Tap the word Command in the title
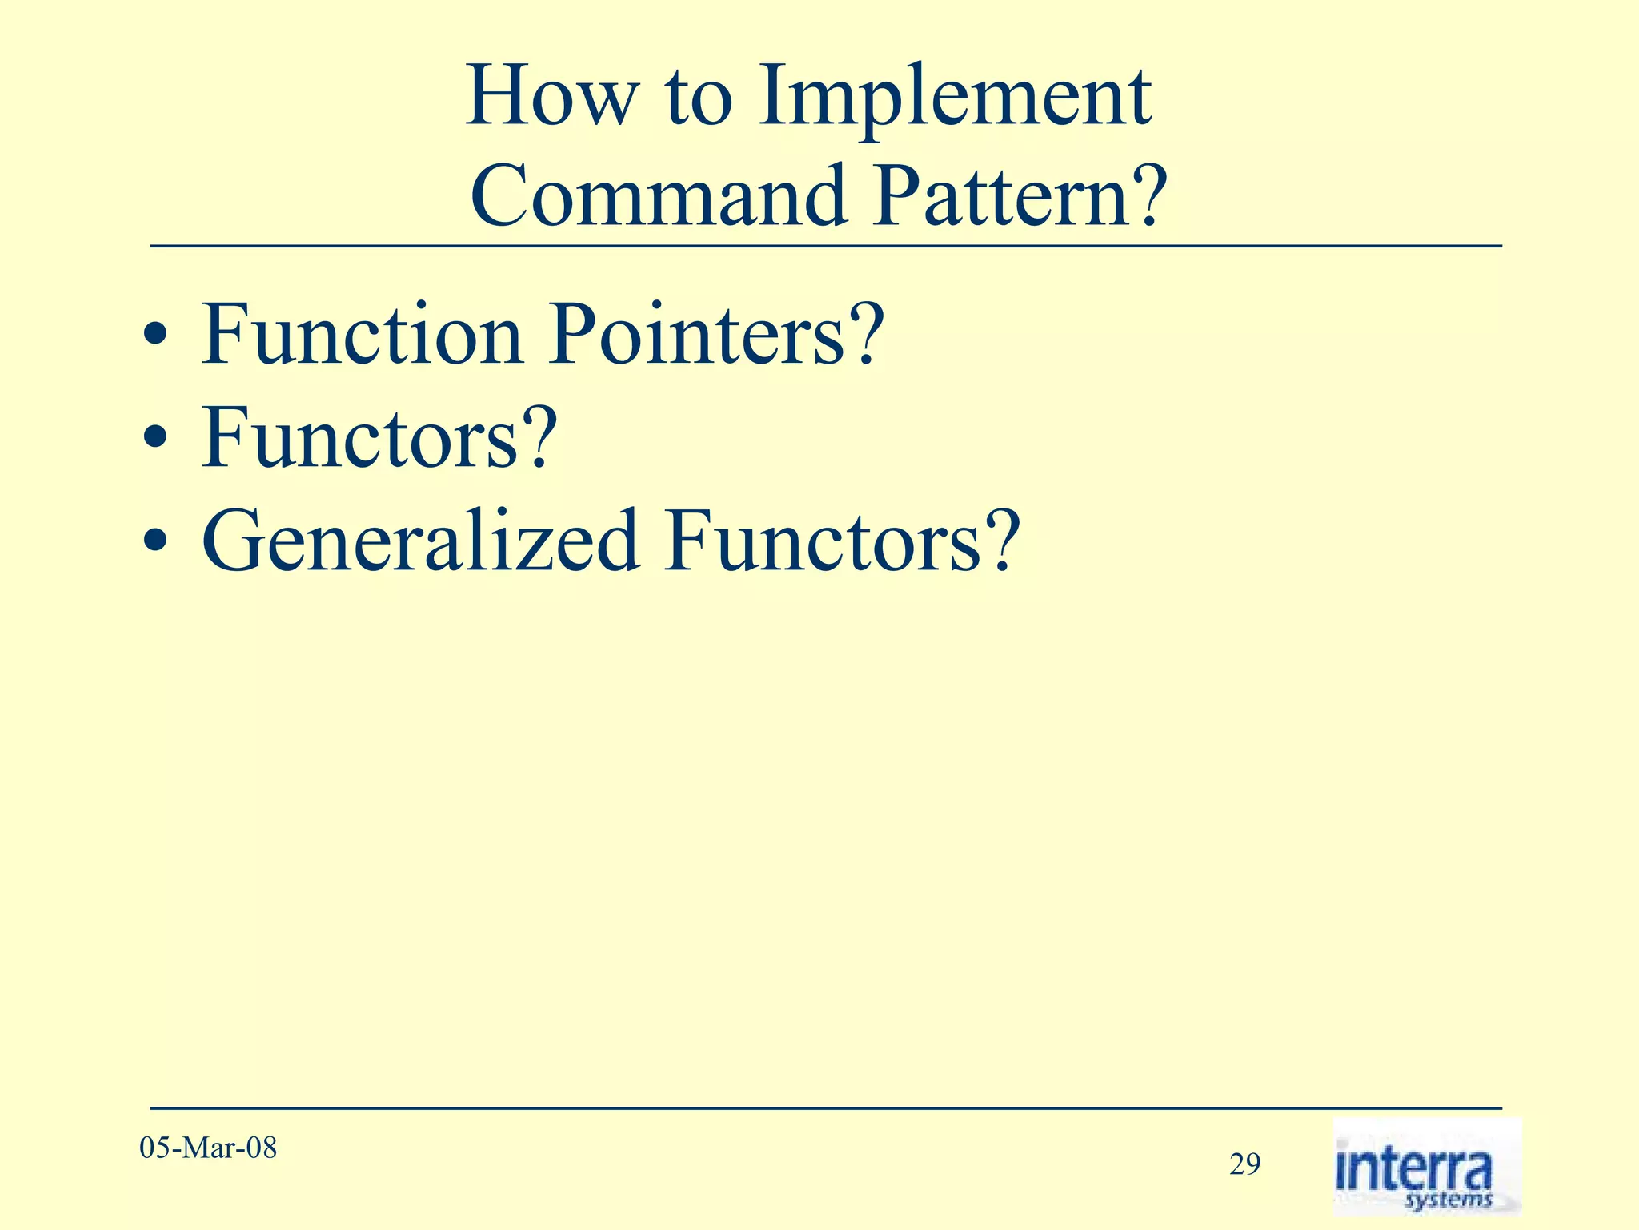[658, 196]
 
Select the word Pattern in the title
[992, 196]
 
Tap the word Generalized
[421, 542]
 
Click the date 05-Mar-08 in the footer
[208, 1148]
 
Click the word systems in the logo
[1449, 1199]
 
